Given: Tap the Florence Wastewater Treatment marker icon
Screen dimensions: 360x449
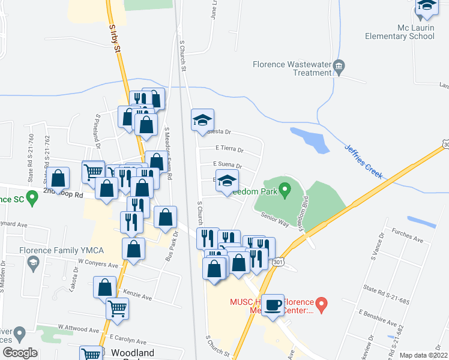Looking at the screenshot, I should [339, 66].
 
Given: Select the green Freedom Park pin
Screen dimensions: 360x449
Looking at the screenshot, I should [286, 191].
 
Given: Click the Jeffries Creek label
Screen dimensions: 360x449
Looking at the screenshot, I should [363, 160].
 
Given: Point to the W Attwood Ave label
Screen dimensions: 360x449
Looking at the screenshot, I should [78, 330].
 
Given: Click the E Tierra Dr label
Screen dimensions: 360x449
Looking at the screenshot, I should [229, 150].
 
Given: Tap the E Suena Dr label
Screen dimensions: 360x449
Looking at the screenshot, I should [228, 166].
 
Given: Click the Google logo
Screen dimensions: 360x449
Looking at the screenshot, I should [20, 353].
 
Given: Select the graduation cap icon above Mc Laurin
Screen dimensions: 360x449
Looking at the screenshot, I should [427, 7].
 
